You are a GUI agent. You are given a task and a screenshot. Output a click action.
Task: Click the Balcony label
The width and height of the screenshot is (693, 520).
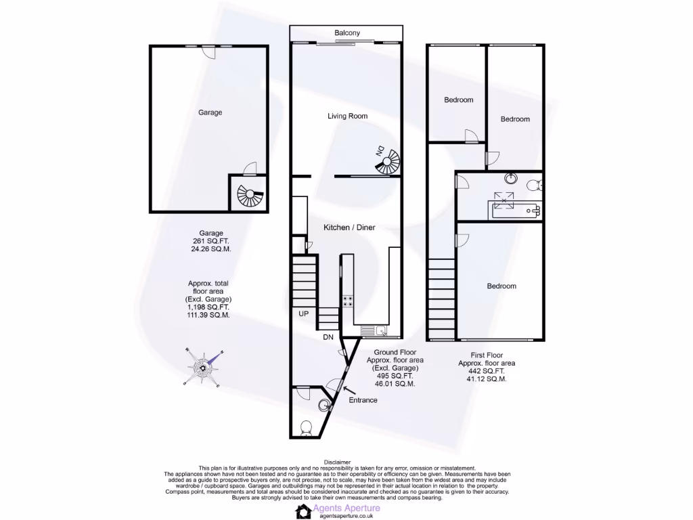[x=347, y=32]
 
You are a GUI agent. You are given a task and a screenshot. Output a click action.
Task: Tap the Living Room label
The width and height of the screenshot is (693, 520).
[x=347, y=116]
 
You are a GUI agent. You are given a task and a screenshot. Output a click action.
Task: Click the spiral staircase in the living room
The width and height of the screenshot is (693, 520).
[x=388, y=162]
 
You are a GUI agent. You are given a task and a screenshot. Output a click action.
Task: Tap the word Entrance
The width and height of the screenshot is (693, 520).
[x=363, y=400]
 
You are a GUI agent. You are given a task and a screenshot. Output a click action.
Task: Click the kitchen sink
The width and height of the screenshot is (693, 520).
[x=380, y=330]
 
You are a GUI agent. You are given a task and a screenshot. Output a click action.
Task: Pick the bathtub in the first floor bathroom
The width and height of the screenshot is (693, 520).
[x=516, y=209]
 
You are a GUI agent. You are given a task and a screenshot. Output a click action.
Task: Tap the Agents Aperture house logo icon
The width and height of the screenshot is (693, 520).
[x=303, y=511]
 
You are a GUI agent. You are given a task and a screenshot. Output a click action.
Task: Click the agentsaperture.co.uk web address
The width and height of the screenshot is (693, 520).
[x=345, y=516]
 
